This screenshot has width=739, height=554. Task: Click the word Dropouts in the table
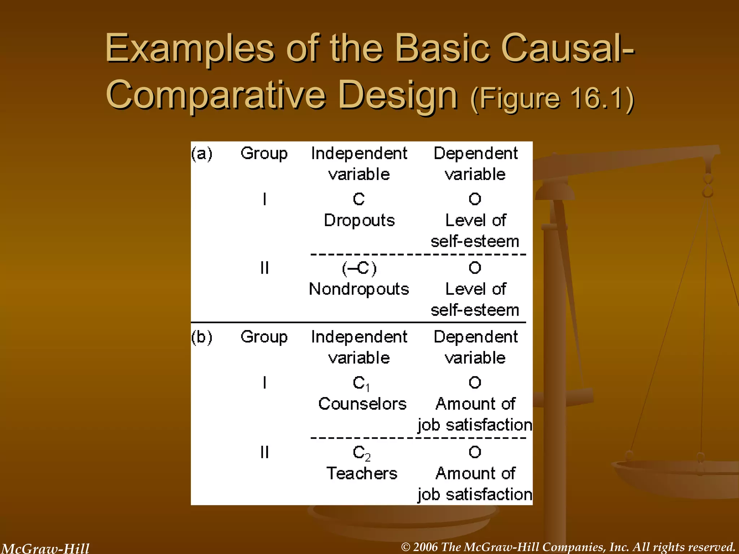359,220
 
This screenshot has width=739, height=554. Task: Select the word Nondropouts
359,289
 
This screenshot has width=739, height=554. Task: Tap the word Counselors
362,404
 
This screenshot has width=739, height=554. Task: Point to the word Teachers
362,473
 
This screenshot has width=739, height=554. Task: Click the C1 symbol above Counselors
361,383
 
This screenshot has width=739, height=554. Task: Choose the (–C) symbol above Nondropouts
359,268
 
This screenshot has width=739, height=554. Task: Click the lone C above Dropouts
359,199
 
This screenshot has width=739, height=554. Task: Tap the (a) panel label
202,154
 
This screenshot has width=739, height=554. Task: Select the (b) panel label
202,337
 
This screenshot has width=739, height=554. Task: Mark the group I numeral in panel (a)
265,199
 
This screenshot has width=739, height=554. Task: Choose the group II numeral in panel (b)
264,452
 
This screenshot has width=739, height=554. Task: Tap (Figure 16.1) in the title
552,98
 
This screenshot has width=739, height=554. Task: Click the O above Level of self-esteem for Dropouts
475,199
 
